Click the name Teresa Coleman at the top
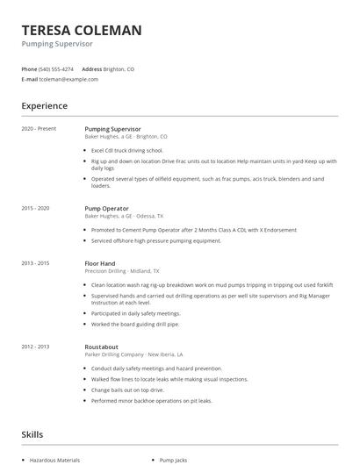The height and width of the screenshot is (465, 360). point(82,30)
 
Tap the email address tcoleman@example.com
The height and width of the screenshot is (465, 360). point(69,79)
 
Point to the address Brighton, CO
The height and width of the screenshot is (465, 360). point(119,68)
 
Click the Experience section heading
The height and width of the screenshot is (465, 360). point(45,106)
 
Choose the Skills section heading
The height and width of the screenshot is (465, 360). point(32,434)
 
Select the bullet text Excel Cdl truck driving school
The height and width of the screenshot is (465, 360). point(127,150)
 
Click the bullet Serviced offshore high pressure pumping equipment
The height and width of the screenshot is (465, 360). point(156,240)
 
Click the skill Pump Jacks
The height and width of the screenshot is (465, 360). point(175,460)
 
